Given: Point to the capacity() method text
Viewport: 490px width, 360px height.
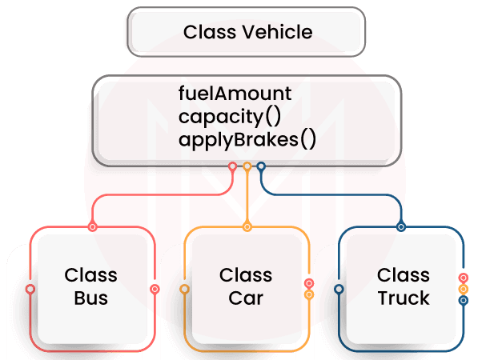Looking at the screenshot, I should pyautogui.click(x=229, y=117).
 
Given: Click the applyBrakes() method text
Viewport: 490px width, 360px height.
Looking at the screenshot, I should pyautogui.click(x=247, y=140).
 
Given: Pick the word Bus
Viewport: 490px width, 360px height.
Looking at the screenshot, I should pyautogui.click(x=90, y=298).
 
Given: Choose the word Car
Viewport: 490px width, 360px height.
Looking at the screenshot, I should pyautogui.click(x=245, y=298).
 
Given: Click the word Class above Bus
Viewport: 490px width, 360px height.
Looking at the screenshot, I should pyautogui.click(x=90, y=275).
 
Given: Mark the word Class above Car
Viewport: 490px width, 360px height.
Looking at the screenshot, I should pyautogui.click(x=245, y=275).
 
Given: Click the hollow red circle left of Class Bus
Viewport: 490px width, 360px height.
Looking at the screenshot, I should pyautogui.click(x=30, y=289).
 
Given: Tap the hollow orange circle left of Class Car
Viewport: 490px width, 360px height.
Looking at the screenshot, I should pyautogui.click(x=185, y=289).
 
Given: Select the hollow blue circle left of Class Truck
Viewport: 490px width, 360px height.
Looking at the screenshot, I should pyautogui.click(x=339, y=289).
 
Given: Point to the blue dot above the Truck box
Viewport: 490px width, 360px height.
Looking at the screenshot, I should pyautogui.click(x=402, y=227).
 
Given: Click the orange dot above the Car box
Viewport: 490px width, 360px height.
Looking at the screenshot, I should pyautogui.click(x=247, y=227).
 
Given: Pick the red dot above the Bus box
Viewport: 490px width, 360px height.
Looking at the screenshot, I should pyautogui.click(x=93, y=227).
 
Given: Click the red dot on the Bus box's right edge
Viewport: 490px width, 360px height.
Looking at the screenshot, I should pyautogui.click(x=155, y=289).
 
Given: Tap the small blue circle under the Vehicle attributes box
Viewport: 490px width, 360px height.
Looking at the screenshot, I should pyautogui.click(x=262, y=167).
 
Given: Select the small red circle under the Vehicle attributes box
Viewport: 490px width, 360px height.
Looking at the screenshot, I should pyautogui.click(x=233, y=167).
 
